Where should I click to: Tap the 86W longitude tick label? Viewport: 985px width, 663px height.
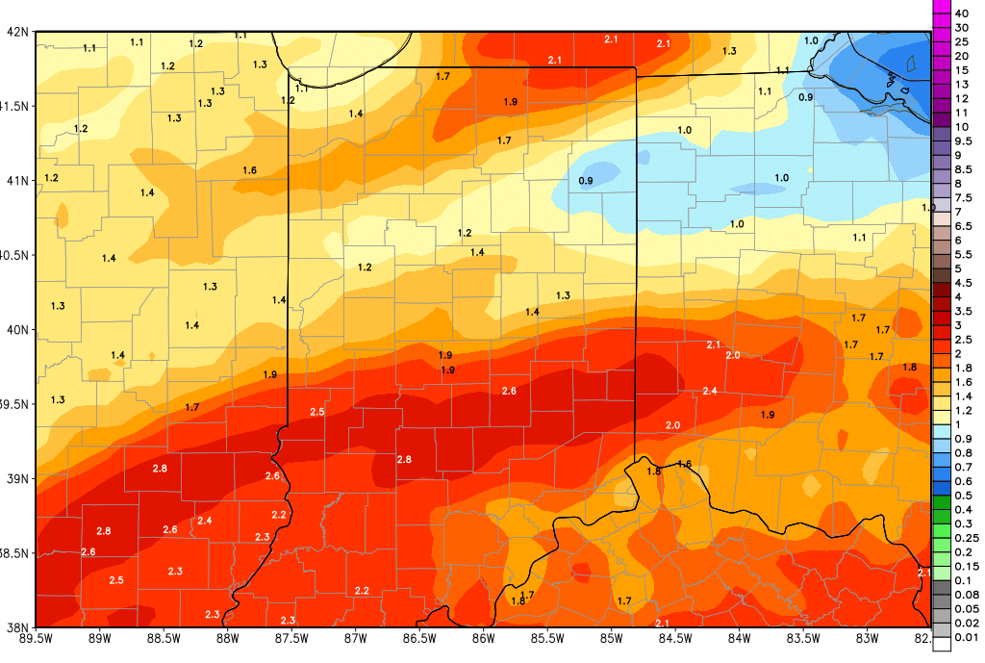tap(484, 636)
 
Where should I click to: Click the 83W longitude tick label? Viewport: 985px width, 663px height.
tap(869, 636)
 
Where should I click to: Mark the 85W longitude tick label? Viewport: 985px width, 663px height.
tap(612, 636)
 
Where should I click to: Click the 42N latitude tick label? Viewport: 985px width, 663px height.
tap(16, 31)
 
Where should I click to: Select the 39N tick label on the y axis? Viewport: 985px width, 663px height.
tap(16, 478)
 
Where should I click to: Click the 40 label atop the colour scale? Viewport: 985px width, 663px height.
tap(962, 13)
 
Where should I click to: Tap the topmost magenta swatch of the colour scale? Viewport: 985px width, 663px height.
tap(942, 7)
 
